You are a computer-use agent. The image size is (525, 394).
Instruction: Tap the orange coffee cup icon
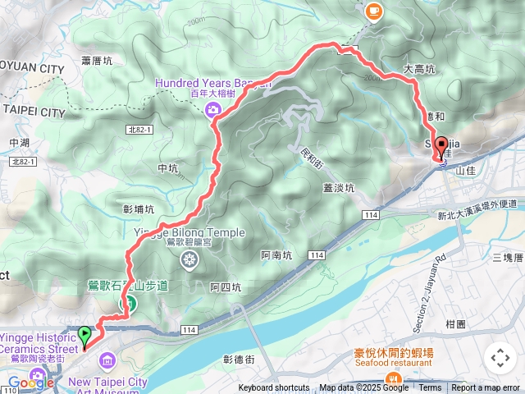373,11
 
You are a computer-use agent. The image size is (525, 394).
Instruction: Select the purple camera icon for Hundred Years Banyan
213,109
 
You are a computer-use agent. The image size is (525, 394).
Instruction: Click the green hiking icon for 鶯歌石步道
128,302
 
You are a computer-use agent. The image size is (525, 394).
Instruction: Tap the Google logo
30,383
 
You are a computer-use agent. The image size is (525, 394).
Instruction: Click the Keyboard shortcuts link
274,388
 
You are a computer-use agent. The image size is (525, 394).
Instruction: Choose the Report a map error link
486,388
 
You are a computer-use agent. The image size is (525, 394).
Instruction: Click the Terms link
430,388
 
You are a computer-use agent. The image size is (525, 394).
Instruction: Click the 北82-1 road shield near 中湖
24,162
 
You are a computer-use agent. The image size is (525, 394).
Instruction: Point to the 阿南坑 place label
276,255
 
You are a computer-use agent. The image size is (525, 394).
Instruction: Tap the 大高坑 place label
418,71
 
